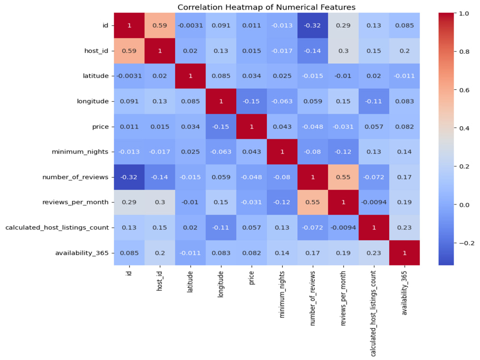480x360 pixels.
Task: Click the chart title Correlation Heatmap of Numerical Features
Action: point(266,7)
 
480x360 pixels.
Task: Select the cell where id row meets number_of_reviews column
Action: point(312,25)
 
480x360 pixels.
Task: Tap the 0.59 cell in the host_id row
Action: point(129,51)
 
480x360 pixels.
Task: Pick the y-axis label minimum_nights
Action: point(80,152)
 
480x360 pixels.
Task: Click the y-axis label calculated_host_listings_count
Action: point(57,228)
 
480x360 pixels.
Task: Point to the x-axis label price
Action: point(252,277)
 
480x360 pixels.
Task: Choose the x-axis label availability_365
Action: point(404,293)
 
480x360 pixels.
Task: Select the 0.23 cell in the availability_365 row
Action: point(374,253)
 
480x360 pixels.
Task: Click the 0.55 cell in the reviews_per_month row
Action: point(312,203)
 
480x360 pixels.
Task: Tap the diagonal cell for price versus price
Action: point(252,126)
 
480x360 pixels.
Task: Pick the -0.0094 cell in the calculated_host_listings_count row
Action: point(343,228)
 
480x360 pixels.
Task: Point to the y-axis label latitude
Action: point(96,76)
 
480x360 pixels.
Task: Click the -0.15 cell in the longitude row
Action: point(252,101)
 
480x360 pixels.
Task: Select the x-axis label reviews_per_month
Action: point(343,298)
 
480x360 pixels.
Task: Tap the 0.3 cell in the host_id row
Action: point(343,51)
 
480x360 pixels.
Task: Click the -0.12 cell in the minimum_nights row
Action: point(343,152)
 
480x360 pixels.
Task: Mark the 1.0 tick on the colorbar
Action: point(464,13)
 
